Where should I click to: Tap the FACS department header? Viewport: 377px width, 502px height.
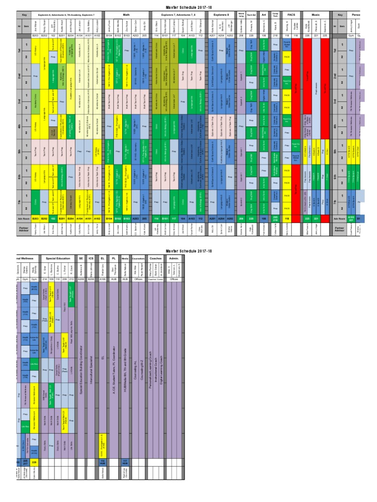click(x=291, y=15)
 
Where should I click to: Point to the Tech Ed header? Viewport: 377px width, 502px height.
click(x=251, y=15)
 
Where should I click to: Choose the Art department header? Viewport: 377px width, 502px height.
click(x=264, y=15)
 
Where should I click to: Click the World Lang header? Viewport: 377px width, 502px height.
click(x=241, y=15)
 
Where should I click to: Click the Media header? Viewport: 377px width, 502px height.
click(x=125, y=257)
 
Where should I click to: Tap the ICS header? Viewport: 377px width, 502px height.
click(x=91, y=257)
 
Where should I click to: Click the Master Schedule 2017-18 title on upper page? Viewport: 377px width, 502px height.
click(x=188, y=4)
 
